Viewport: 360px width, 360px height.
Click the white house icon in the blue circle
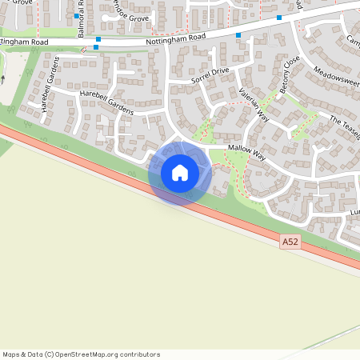click(x=180, y=173)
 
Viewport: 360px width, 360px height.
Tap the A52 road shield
click(x=291, y=241)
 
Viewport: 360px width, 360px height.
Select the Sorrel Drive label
click(x=210, y=75)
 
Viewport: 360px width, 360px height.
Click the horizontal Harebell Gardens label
click(x=106, y=101)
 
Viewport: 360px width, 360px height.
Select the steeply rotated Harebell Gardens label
click(x=46, y=83)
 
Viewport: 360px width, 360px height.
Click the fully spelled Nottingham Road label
click(x=176, y=37)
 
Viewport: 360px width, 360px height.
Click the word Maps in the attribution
click(x=12, y=354)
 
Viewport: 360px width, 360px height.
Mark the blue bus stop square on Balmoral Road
click(x=78, y=16)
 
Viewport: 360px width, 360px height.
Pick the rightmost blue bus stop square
click(x=279, y=18)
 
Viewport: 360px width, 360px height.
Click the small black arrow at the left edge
click(x=2, y=79)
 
